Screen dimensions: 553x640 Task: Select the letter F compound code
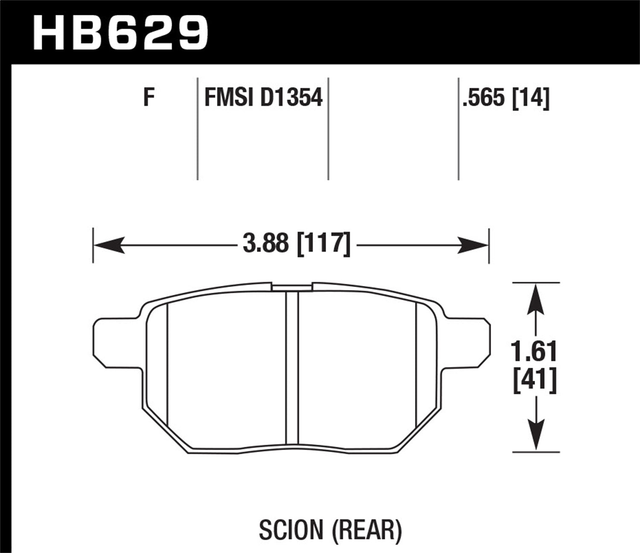(x=148, y=97)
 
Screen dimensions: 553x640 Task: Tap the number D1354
(x=291, y=97)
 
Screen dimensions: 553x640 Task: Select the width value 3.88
(x=265, y=244)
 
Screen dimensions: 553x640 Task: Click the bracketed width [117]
(x=323, y=244)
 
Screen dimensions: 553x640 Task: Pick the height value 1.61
(x=534, y=352)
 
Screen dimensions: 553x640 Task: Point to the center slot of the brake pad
(x=292, y=367)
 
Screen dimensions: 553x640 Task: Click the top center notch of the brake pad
(x=292, y=287)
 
